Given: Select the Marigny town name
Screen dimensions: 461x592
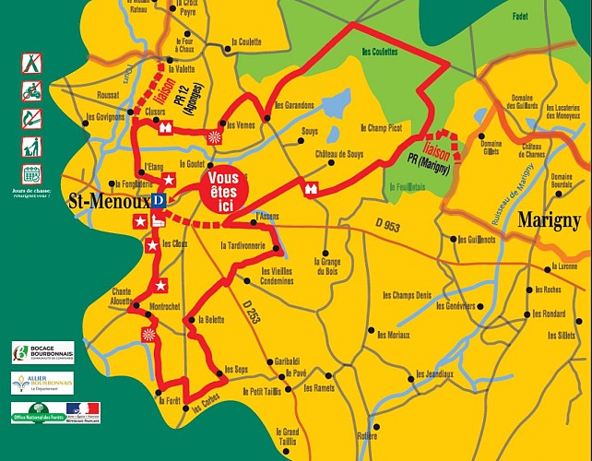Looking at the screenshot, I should click(550, 220).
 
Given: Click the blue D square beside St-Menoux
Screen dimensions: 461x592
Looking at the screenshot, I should click(158, 199).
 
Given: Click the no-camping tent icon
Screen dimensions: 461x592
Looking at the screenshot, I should click(31, 63).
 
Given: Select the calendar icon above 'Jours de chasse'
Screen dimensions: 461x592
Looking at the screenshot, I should click(31, 172).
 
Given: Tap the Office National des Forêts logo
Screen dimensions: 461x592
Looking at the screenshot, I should click(37, 412).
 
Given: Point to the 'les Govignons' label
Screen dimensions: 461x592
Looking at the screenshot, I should click(104, 117).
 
